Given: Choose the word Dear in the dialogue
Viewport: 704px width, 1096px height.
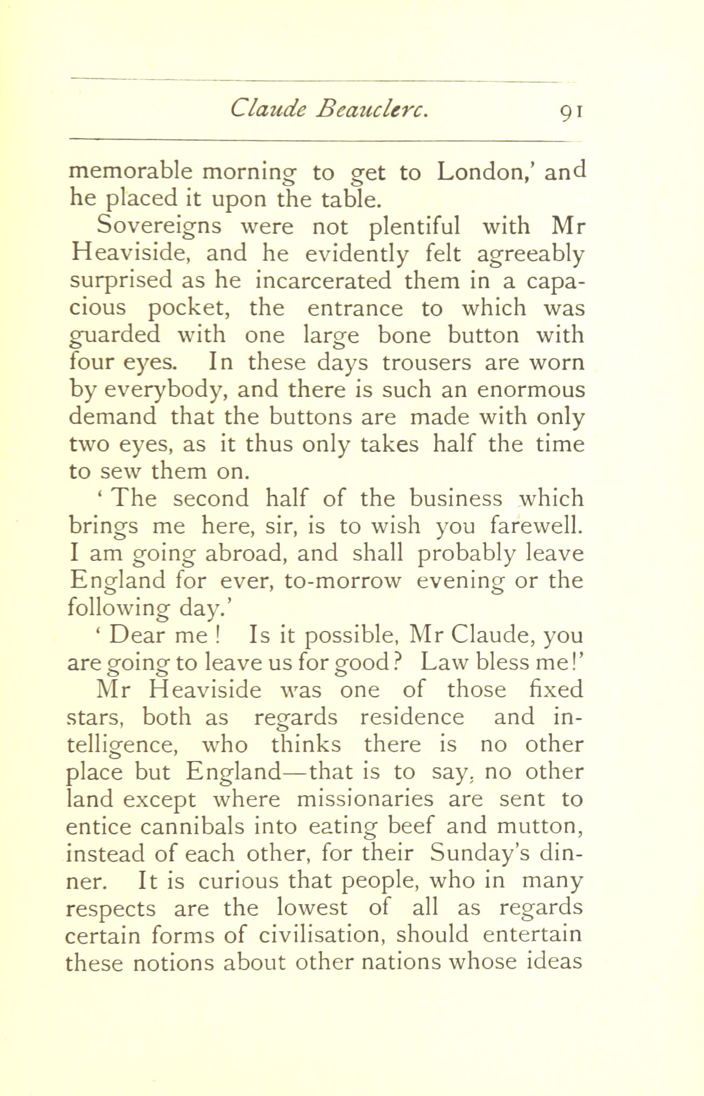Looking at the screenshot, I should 136,636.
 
